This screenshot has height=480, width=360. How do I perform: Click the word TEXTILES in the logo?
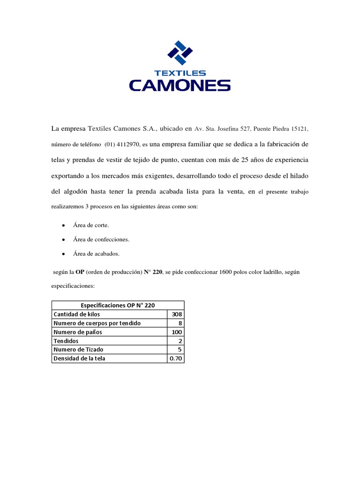point(180,73)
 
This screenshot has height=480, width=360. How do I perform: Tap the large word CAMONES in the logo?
point(180,85)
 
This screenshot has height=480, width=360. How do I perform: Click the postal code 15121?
point(300,128)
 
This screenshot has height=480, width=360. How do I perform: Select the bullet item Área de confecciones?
point(101,240)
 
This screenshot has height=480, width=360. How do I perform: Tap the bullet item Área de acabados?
point(96,254)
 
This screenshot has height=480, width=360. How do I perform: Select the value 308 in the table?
point(177,314)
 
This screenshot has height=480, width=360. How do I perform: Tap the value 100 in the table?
point(177,332)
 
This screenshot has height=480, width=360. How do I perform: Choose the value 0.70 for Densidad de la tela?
point(176,359)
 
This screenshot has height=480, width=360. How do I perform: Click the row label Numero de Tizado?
point(79,350)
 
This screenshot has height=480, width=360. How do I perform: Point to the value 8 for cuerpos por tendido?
point(180,323)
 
